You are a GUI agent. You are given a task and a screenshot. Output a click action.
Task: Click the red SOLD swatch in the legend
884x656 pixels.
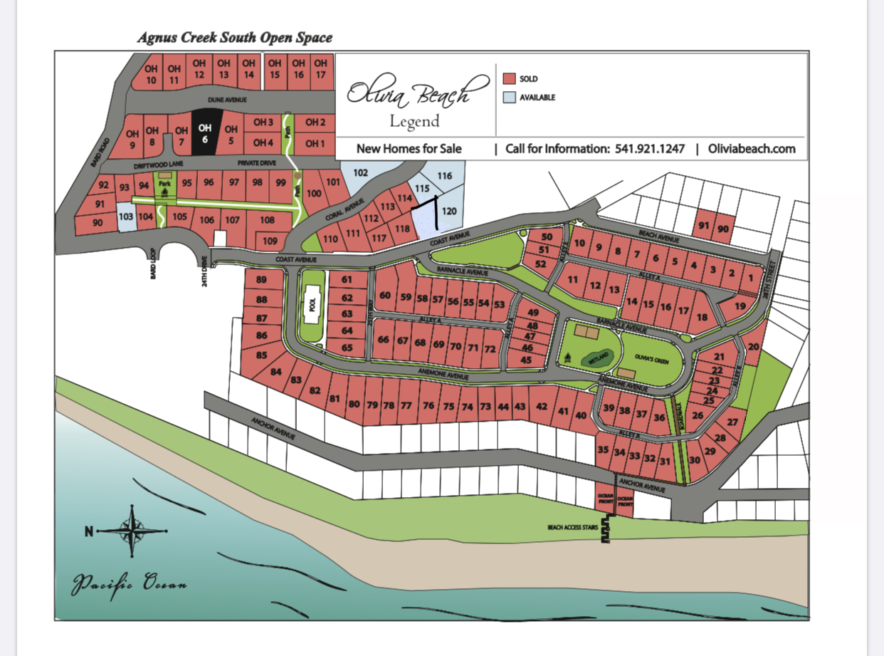pyautogui.click(x=509, y=79)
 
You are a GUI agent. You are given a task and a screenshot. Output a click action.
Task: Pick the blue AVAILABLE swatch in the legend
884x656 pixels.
pyautogui.click(x=509, y=98)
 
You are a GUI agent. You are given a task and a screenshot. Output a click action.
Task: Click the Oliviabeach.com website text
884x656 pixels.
pyautogui.click(x=752, y=149)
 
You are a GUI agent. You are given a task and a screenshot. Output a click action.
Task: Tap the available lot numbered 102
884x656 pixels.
pyautogui.click(x=360, y=172)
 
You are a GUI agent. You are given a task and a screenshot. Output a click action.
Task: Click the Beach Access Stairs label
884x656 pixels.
pyautogui.click(x=572, y=528)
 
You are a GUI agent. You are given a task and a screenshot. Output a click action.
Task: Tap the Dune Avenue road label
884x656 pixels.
pyautogui.click(x=226, y=100)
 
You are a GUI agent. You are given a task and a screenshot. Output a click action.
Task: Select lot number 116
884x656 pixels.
pyautogui.click(x=445, y=175)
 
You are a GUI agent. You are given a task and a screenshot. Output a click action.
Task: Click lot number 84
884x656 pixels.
pyautogui.click(x=276, y=371)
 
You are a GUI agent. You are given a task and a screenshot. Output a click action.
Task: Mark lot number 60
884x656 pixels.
pyautogui.click(x=385, y=296)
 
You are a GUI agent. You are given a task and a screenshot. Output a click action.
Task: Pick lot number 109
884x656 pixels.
pyautogui.click(x=270, y=241)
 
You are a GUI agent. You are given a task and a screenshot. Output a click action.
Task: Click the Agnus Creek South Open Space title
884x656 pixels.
pyautogui.click(x=235, y=37)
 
